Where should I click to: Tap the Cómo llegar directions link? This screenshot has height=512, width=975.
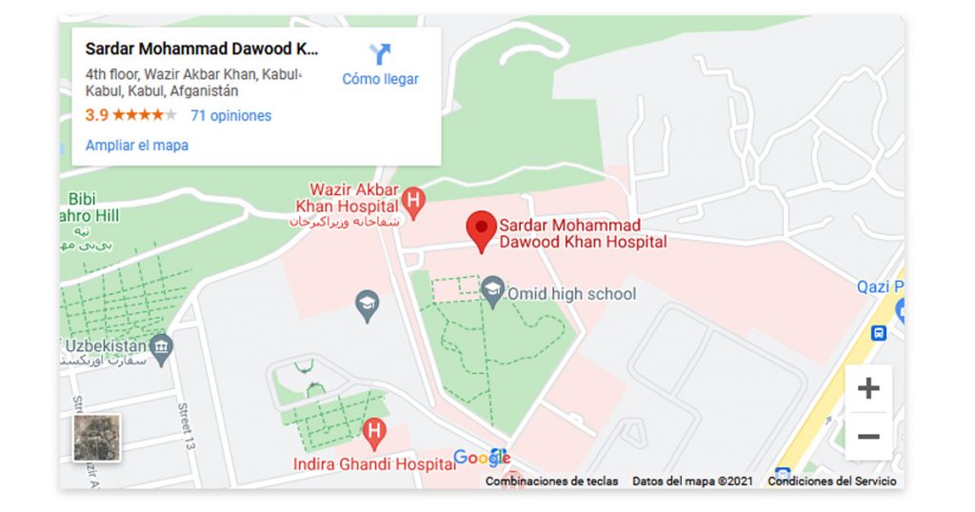tap(380, 79)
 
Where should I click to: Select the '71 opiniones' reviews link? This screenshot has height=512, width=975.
tap(231, 116)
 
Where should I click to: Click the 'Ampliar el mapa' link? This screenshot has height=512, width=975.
tap(137, 146)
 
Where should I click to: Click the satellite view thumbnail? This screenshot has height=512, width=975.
tap(97, 438)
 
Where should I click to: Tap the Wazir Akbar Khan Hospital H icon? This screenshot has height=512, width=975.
tap(413, 200)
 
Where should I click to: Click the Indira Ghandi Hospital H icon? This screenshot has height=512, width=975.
tap(375, 433)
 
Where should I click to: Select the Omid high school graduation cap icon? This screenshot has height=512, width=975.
tap(492, 288)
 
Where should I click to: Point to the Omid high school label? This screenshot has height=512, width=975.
tap(571, 293)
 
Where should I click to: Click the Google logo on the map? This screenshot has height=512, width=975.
tap(482, 458)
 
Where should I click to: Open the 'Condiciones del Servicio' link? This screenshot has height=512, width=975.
tap(831, 482)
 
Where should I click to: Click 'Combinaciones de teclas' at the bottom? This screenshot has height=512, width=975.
tap(552, 482)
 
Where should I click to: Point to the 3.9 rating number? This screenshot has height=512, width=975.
tap(96, 116)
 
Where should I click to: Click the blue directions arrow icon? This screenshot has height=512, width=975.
tap(380, 53)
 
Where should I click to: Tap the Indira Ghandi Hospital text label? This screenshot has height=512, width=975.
tap(374, 464)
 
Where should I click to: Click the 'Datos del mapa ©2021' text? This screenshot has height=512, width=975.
tap(692, 482)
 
